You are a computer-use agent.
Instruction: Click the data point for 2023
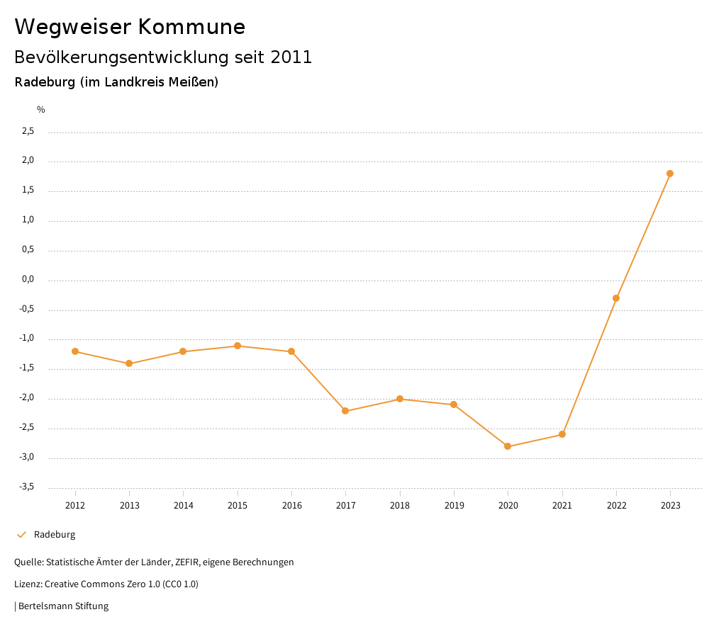pyautogui.click(x=670, y=174)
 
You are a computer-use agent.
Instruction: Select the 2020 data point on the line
pyautogui.click(x=508, y=446)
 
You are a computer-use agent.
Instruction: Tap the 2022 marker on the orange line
pyautogui.click(x=616, y=298)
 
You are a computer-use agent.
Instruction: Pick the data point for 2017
pyautogui.click(x=345, y=411)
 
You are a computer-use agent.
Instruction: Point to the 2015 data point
pyautogui.click(x=238, y=346)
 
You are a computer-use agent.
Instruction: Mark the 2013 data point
pyautogui.click(x=129, y=363)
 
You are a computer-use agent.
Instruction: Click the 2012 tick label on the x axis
pyautogui.click(x=75, y=505)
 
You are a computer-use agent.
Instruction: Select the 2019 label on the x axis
pyautogui.click(x=454, y=505)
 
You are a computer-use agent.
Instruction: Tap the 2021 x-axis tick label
pyautogui.click(x=562, y=505)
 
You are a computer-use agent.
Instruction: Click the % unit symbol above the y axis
pyautogui.click(x=41, y=110)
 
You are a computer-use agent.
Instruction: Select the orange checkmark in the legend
pyautogui.click(x=21, y=535)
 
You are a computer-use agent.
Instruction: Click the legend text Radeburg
pyautogui.click(x=55, y=535)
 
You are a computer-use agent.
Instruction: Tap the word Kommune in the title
pyautogui.click(x=191, y=27)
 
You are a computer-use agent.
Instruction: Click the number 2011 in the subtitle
pyautogui.click(x=291, y=57)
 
